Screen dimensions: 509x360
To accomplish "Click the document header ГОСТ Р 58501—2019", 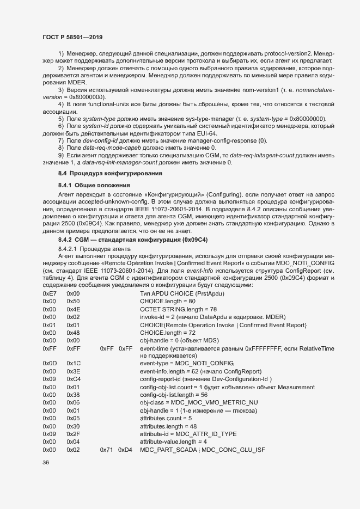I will [72, 37].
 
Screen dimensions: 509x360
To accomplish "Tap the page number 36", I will [46, 463].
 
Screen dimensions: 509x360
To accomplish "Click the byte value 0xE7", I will [50, 293].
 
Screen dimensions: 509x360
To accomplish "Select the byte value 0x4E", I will [73, 309].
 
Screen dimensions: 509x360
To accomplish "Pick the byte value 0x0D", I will [50, 363].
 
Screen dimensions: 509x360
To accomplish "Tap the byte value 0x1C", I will [73, 363].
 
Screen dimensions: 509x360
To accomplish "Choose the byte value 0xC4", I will [73, 379].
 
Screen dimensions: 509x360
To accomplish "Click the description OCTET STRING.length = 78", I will [178, 309].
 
